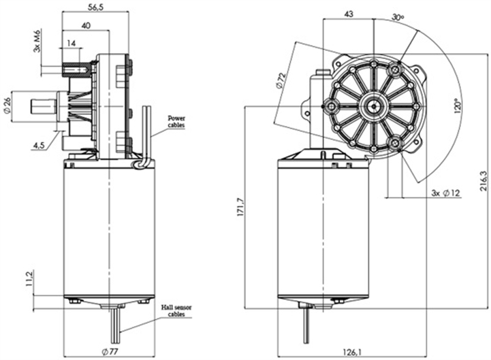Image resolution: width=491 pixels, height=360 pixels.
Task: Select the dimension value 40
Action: point(86,25)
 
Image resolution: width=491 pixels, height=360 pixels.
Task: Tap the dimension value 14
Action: point(72,43)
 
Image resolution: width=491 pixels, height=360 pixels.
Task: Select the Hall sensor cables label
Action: point(177,311)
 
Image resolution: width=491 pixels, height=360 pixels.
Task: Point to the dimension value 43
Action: point(350,14)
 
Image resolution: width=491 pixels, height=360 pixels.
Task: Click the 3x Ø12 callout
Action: point(447,193)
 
